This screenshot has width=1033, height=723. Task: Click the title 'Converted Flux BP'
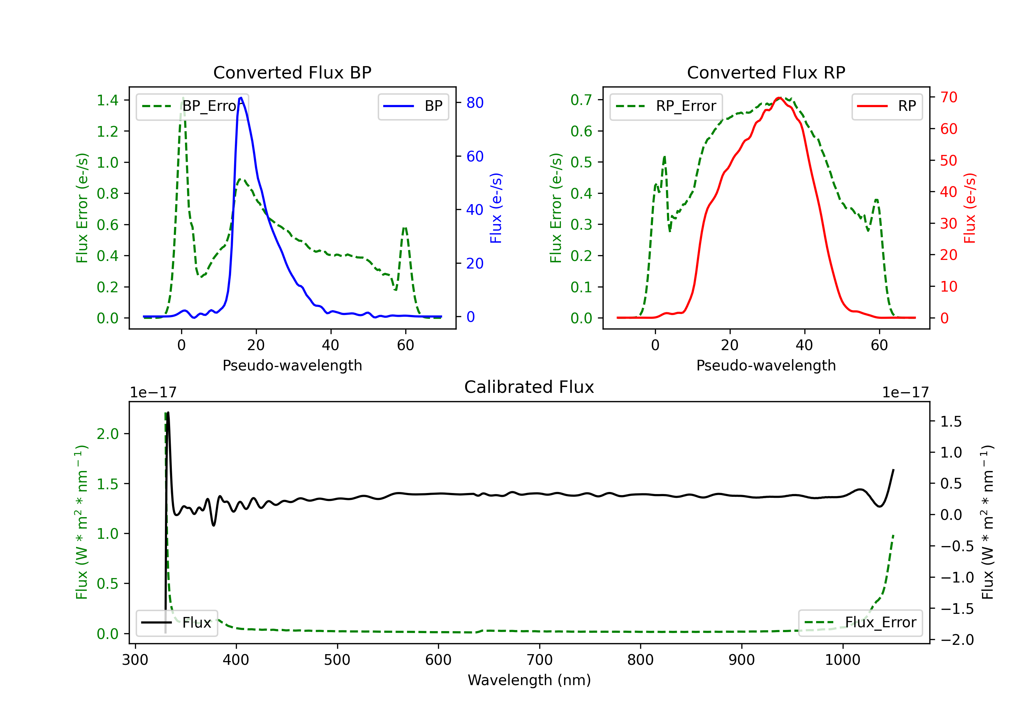coord(292,72)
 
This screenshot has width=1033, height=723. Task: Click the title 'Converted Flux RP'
coord(766,72)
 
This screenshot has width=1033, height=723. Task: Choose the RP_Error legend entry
coord(666,106)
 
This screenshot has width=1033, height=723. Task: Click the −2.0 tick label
coord(957,639)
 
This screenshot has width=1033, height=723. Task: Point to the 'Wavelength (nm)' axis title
coord(529,680)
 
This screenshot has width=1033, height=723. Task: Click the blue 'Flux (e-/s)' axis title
coord(496,208)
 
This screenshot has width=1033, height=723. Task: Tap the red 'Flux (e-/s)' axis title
coord(970,208)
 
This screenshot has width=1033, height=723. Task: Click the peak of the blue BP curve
coord(241,98)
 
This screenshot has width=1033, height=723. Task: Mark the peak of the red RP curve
coord(779,98)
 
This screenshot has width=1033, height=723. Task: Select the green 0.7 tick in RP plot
coord(581,100)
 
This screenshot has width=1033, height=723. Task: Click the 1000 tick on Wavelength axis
coord(842,660)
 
